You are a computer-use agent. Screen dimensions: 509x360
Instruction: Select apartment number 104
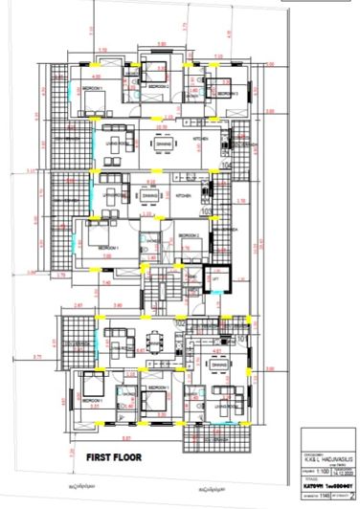click(227, 165)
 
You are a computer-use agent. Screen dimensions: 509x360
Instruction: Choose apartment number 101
click(241, 336)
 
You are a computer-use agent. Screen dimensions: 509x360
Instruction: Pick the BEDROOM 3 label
click(227, 95)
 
